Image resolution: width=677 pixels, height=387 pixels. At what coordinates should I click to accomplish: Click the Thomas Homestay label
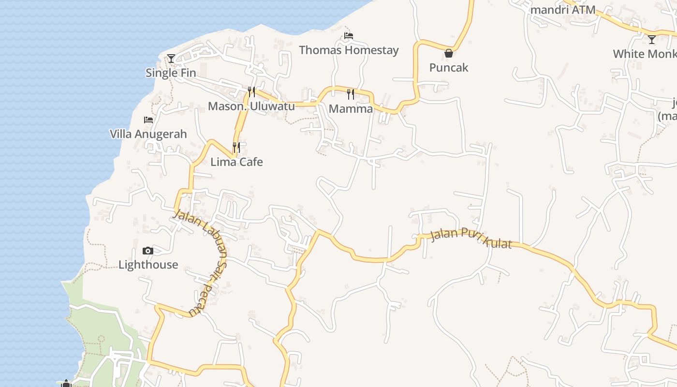tap(349, 50)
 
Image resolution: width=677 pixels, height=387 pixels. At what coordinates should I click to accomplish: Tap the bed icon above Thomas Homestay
tap(349, 35)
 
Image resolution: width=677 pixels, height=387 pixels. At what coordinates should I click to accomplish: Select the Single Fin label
tap(171, 73)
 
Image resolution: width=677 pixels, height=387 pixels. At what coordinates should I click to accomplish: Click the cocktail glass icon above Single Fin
tap(171, 59)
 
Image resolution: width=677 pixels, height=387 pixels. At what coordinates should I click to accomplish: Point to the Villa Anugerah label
tap(148, 134)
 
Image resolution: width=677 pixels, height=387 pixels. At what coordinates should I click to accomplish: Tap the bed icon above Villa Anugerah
tap(148, 119)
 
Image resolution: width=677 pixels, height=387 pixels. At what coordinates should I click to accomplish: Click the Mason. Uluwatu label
tap(251, 106)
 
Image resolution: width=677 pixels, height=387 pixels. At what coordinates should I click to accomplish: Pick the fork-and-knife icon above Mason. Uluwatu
tap(251, 91)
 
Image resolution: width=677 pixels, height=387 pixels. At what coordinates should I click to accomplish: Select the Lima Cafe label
tap(236, 162)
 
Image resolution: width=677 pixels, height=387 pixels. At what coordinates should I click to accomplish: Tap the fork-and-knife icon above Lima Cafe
tap(236, 147)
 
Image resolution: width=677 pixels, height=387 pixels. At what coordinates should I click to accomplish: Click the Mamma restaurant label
tap(351, 109)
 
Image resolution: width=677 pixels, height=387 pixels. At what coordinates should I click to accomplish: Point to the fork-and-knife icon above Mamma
tap(351, 94)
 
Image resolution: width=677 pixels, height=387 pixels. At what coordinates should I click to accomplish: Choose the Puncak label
tap(449, 67)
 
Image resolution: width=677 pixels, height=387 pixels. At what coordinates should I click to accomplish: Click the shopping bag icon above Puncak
tap(449, 53)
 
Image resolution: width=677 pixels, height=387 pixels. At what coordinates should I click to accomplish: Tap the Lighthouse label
tap(148, 265)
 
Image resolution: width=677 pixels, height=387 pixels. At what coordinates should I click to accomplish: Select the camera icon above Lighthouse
tap(148, 251)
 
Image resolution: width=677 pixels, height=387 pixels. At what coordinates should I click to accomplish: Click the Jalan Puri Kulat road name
tap(471, 239)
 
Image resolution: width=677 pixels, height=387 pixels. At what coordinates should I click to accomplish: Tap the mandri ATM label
tap(563, 10)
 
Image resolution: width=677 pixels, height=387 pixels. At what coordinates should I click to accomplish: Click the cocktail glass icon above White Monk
tap(652, 40)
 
